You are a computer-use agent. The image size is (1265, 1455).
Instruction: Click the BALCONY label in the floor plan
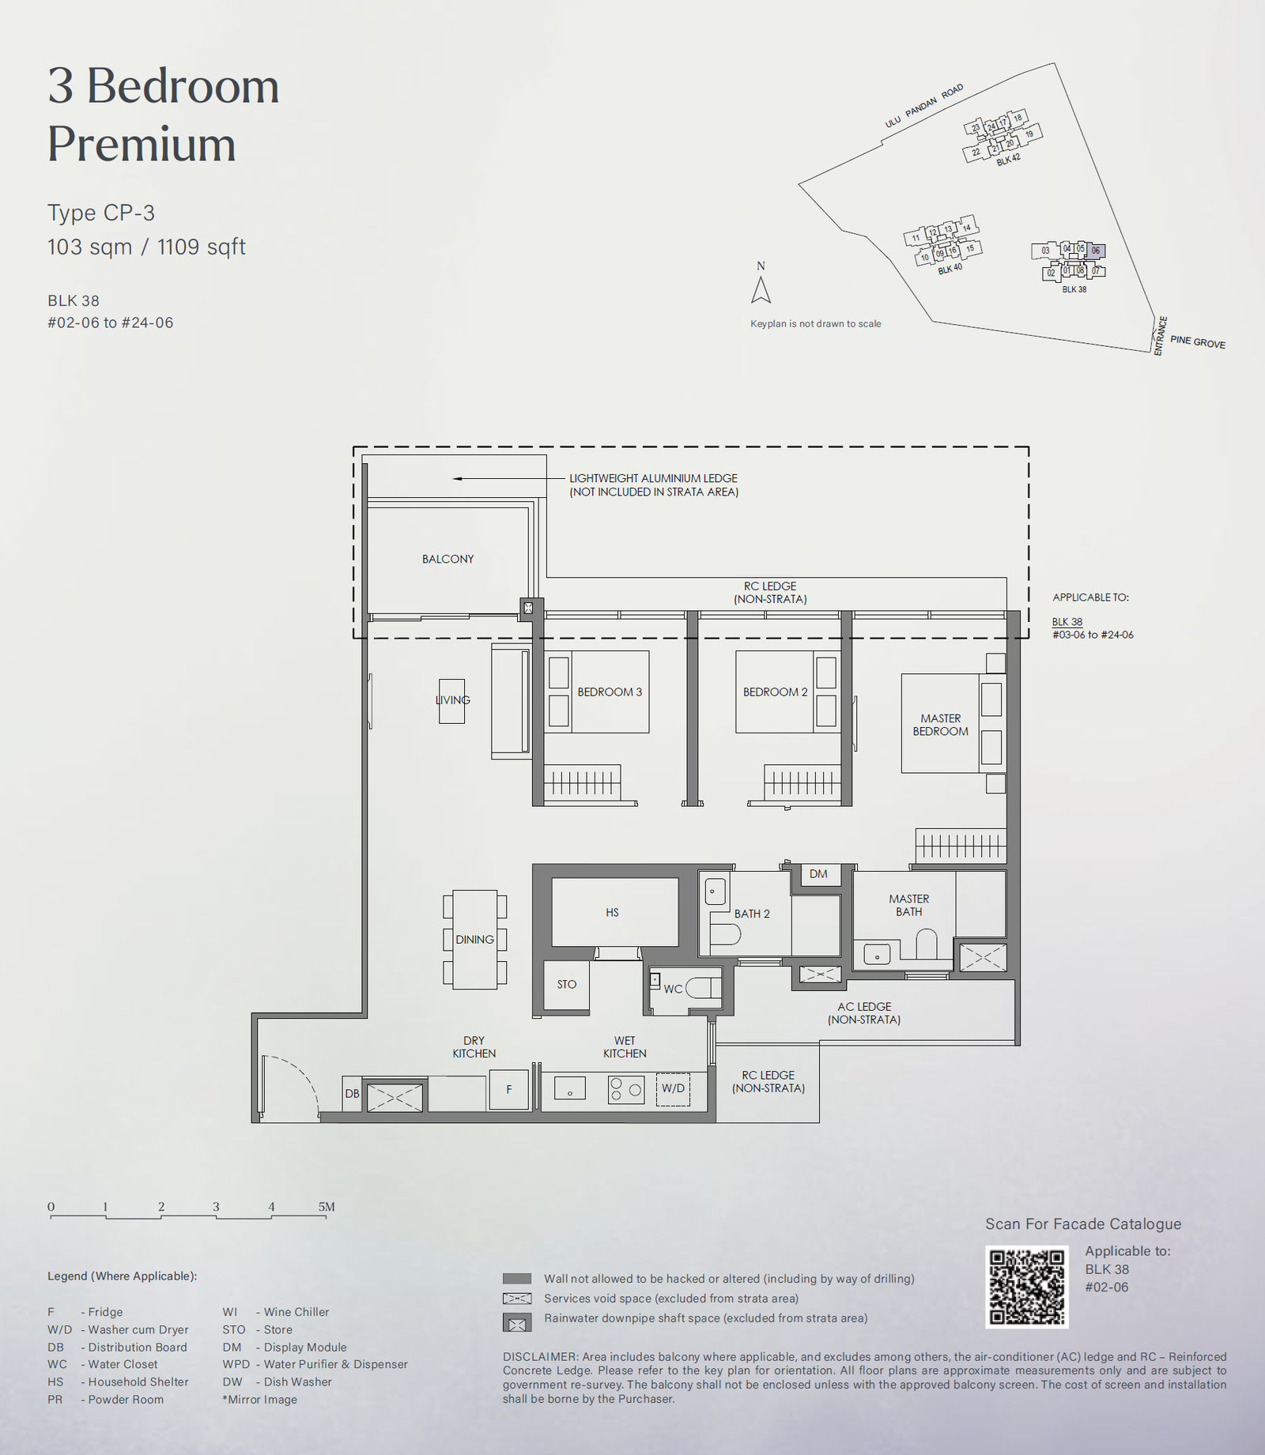click(x=447, y=559)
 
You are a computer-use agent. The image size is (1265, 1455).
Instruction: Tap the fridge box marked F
click(x=509, y=1089)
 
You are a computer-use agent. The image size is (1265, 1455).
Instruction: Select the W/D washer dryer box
click(x=673, y=1089)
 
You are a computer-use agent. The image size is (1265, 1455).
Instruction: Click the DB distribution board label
click(x=352, y=1094)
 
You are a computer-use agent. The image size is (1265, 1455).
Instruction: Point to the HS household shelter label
click(x=612, y=912)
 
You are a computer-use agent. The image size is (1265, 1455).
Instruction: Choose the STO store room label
click(x=567, y=984)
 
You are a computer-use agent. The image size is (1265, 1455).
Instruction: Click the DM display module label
click(x=818, y=873)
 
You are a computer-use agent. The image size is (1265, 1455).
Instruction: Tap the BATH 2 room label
click(x=752, y=914)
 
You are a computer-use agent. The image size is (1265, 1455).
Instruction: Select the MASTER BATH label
click(x=909, y=905)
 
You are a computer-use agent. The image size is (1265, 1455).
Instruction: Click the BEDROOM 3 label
click(x=610, y=692)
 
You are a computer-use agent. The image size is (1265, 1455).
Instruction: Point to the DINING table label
click(x=474, y=939)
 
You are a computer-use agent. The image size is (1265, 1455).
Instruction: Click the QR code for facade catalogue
click(x=1027, y=1287)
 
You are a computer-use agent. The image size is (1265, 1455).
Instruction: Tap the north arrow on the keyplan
click(x=761, y=290)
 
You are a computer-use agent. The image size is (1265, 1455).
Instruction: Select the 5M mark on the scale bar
click(x=327, y=1207)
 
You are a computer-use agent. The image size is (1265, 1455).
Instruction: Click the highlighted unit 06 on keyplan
click(x=1096, y=251)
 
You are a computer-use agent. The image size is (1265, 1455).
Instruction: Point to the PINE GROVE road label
click(x=1198, y=341)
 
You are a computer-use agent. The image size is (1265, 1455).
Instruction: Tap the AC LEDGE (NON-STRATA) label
click(x=864, y=1012)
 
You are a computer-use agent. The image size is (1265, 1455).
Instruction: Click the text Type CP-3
click(x=101, y=213)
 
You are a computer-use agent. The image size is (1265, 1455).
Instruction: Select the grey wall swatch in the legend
click(x=517, y=1279)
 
